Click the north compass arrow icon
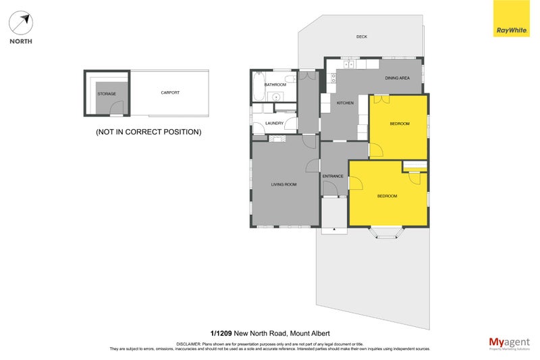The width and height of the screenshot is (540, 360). [21, 23]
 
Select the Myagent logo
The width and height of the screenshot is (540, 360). [508, 342]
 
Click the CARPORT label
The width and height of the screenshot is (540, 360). [170, 93]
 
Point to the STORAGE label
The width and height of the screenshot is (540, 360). [107, 94]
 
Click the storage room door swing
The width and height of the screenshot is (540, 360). [117, 108]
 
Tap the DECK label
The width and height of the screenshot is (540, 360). [362, 36]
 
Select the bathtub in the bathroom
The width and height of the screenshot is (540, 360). [258, 86]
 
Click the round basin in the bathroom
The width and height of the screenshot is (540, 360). [277, 97]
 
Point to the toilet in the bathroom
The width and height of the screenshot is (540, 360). [290, 80]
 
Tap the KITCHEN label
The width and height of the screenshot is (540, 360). [345, 103]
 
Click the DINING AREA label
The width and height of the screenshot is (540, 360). [397, 78]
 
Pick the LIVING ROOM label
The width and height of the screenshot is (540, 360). [284, 184]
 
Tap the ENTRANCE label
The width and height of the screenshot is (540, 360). [333, 176]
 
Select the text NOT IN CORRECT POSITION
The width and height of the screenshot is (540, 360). [148, 132]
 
